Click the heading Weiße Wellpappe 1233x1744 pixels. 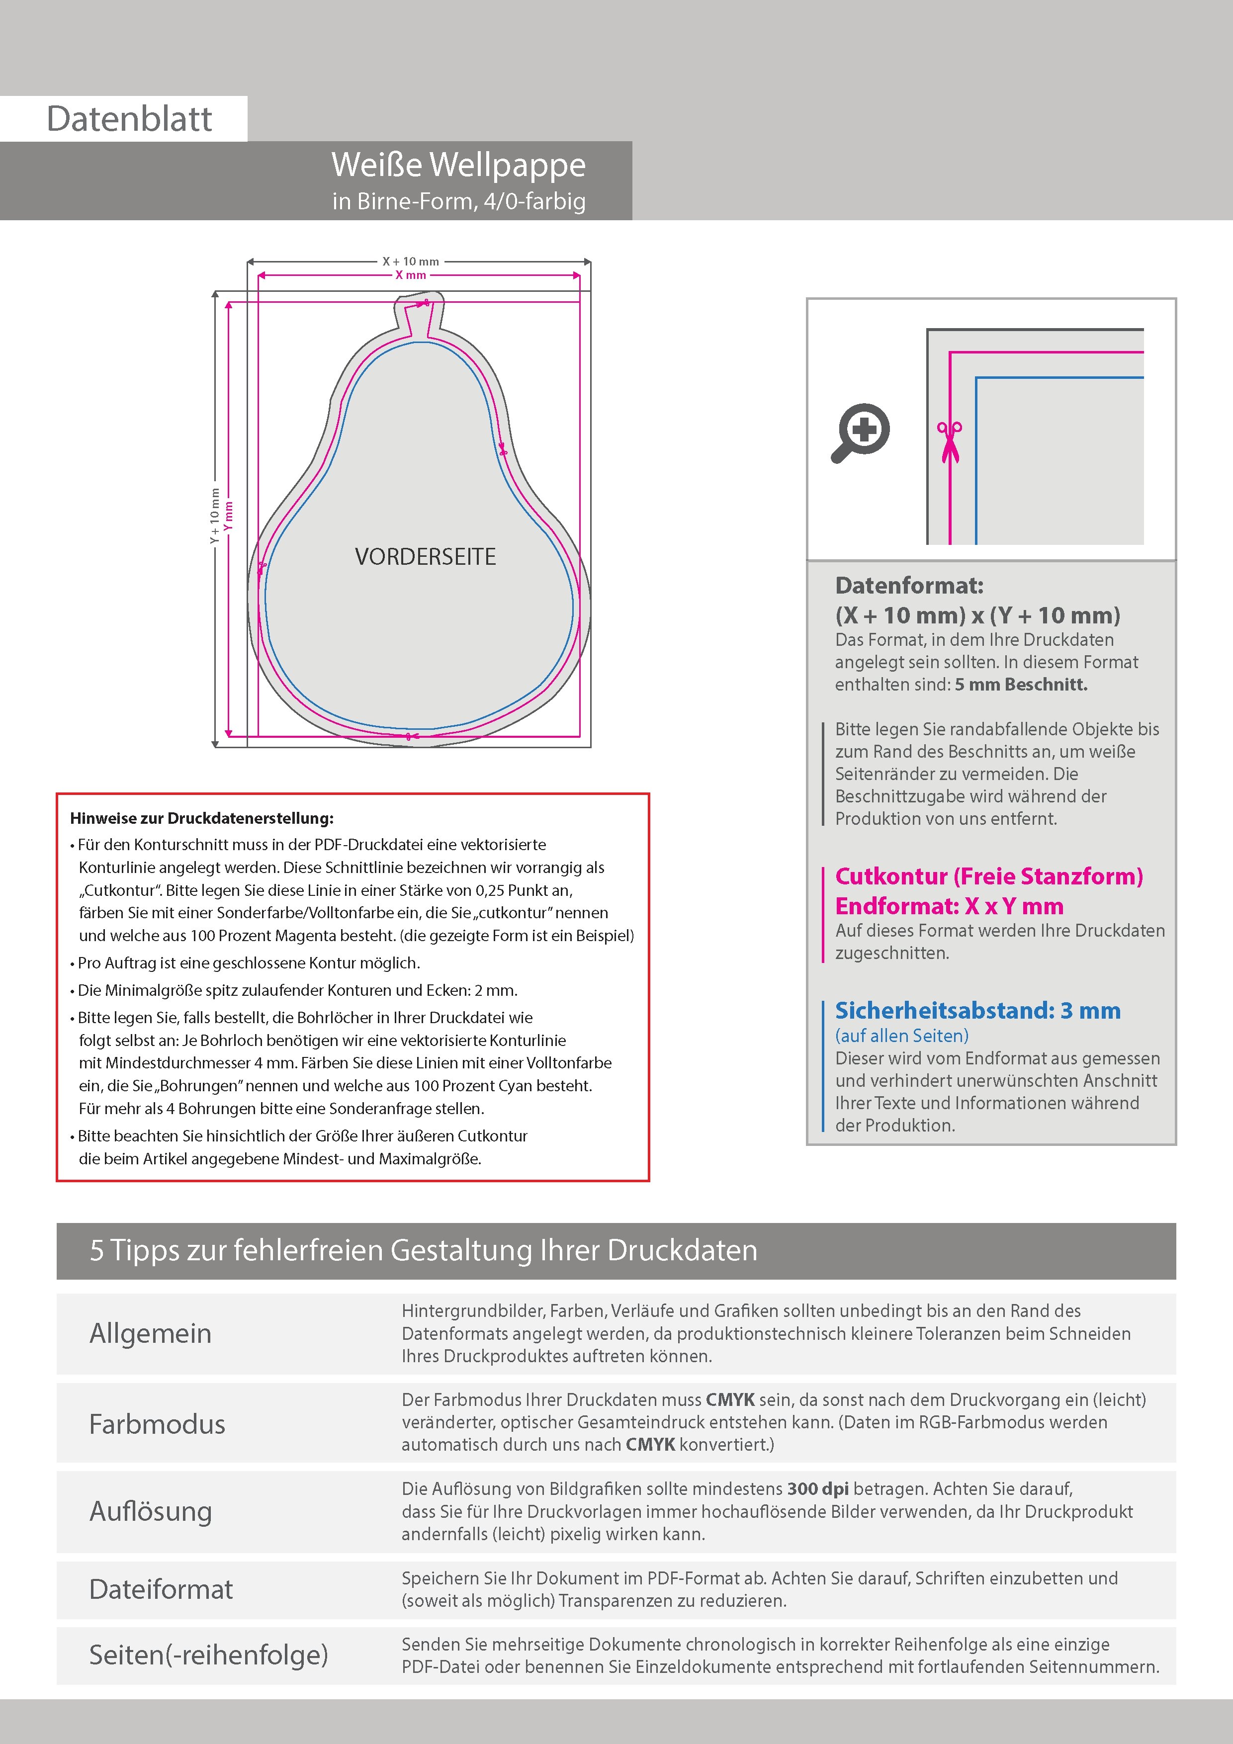click(458, 165)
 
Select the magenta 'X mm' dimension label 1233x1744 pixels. click(410, 275)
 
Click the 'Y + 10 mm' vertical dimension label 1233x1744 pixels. click(215, 517)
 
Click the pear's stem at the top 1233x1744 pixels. click(418, 313)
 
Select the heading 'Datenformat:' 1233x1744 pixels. click(909, 586)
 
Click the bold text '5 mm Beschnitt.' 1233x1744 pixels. click(1020, 685)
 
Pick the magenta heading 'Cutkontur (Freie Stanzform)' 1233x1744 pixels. click(988, 876)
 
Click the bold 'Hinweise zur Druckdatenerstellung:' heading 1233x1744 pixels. click(201, 818)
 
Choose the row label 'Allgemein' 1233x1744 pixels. click(151, 1333)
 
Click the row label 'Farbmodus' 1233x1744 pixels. click(157, 1423)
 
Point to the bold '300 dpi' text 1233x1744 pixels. click(818, 1489)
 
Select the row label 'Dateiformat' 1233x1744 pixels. click(161, 1589)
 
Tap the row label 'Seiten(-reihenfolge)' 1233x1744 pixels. click(208, 1655)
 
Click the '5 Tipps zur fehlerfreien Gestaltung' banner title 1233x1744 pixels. click(423, 1250)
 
